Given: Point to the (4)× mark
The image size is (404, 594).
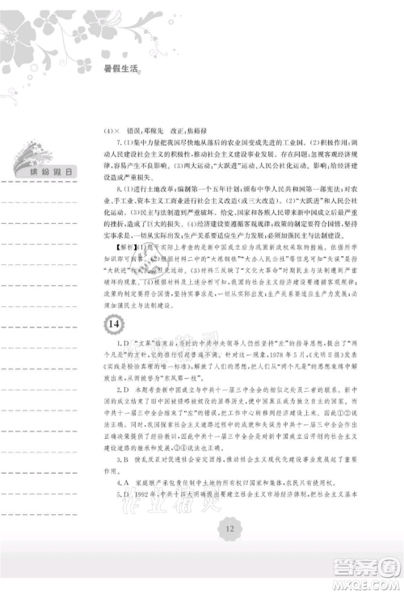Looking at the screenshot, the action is point(113,130).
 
